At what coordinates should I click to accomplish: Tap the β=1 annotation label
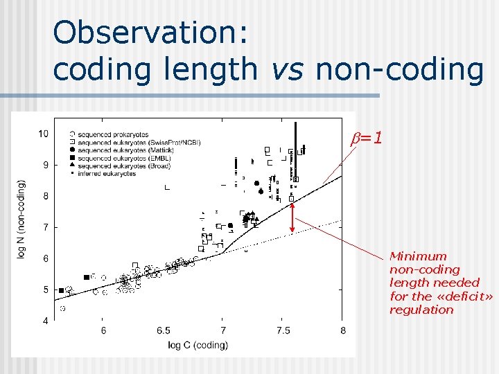click(366, 139)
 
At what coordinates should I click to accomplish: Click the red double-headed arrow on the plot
click(292, 215)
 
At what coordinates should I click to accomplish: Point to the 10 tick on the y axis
click(43, 133)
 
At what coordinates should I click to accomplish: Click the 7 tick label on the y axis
click(45, 227)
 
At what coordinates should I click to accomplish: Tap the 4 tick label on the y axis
click(45, 321)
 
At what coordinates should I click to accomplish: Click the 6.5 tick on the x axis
click(163, 332)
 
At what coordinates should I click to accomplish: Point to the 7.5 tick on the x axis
click(283, 332)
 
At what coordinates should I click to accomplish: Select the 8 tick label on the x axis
click(343, 332)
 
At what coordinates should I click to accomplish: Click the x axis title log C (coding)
click(198, 345)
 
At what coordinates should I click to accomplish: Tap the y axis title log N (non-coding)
click(22, 220)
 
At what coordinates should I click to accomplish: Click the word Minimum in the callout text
click(418, 256)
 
